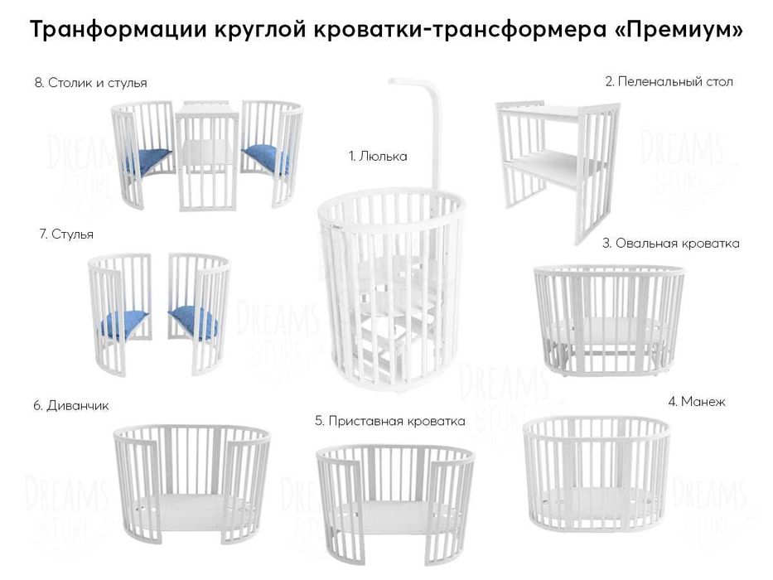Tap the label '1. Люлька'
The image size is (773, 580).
[x=378, y=156]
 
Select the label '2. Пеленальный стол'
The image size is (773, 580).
[x=669, y=82]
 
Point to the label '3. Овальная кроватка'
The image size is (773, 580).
[x=670, y=244]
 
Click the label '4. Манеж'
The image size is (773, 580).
[x=696, y=402]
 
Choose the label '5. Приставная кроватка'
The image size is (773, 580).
[x=389, y=421]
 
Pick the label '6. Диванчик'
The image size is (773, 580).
[x=71, y=406]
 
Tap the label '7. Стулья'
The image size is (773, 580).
[x=66, y=234]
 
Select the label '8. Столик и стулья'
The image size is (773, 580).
[x=91, y=83]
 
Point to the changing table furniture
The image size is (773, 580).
[x=557, y=166]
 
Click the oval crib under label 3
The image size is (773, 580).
[x=608, y=318]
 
